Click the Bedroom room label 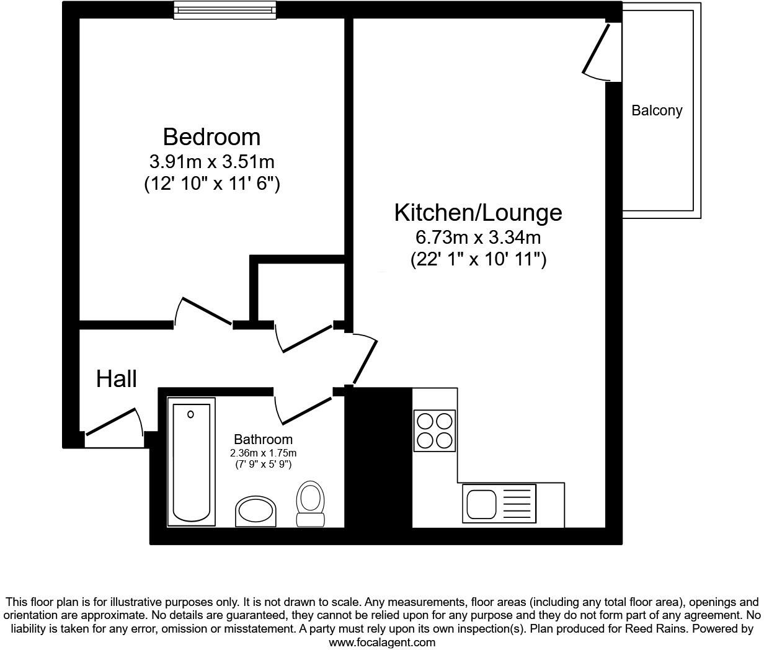pyautogui.click(x=211, y=136)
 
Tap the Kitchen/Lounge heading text pyautogui.click(x=478, y=213)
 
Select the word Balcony pyautogui.click(x=657, y=110)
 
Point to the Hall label pyautogui.click(x=117, y=378)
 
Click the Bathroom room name pyautogui.click(x=264, y=440)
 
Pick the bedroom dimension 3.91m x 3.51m pyautogui.click(x=211, y=162)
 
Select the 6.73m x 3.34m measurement pyautogui.click(x=478, y=238)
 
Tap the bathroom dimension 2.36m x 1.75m pyautogui.click(x=264, y=453)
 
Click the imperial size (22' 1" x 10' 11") pyautogui.click(x=478, y=259)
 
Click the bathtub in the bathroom pyautogui.click(x=191, y=462)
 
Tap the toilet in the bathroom pyautogui.click(x=311, y=504)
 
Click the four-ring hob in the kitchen pyautogui.click(x=434, y=430)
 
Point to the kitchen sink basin pyautogui.click(x=481, y=504)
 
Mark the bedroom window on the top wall pyautogui.click(x=224, y=11)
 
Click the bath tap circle pyautogui.click(x=191, y=414)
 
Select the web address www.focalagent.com pyautogui.click(x=382, y=643)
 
